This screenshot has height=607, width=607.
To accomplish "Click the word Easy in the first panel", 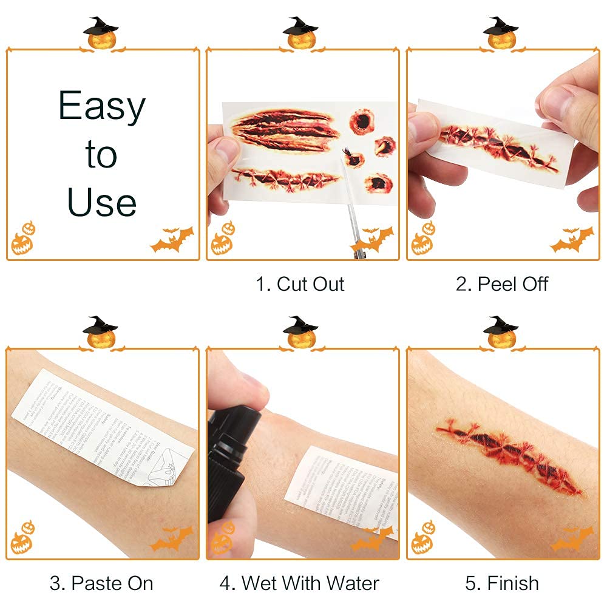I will pos(102,107).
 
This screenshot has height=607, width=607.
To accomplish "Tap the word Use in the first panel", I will pos(102,202).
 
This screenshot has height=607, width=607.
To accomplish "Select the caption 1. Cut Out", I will pos(300,284).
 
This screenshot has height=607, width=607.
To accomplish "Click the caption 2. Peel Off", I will pos(502,284).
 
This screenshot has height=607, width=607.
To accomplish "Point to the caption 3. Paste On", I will pos(101,583).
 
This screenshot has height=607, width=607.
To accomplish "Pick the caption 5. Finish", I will pos(502,583).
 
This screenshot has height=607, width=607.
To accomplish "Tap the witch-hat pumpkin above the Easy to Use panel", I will pos(102,34).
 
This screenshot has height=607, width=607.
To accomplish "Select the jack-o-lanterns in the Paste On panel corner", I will pos(22,537).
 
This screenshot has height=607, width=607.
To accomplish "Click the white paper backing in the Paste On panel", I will pos(100,425).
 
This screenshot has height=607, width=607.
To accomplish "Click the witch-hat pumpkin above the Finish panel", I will pos(501,333).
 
